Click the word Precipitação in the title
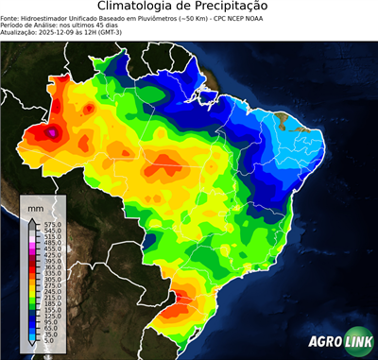tap(238, 7)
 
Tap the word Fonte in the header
tap(11, 17)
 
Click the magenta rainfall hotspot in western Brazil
tap(53, 134)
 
